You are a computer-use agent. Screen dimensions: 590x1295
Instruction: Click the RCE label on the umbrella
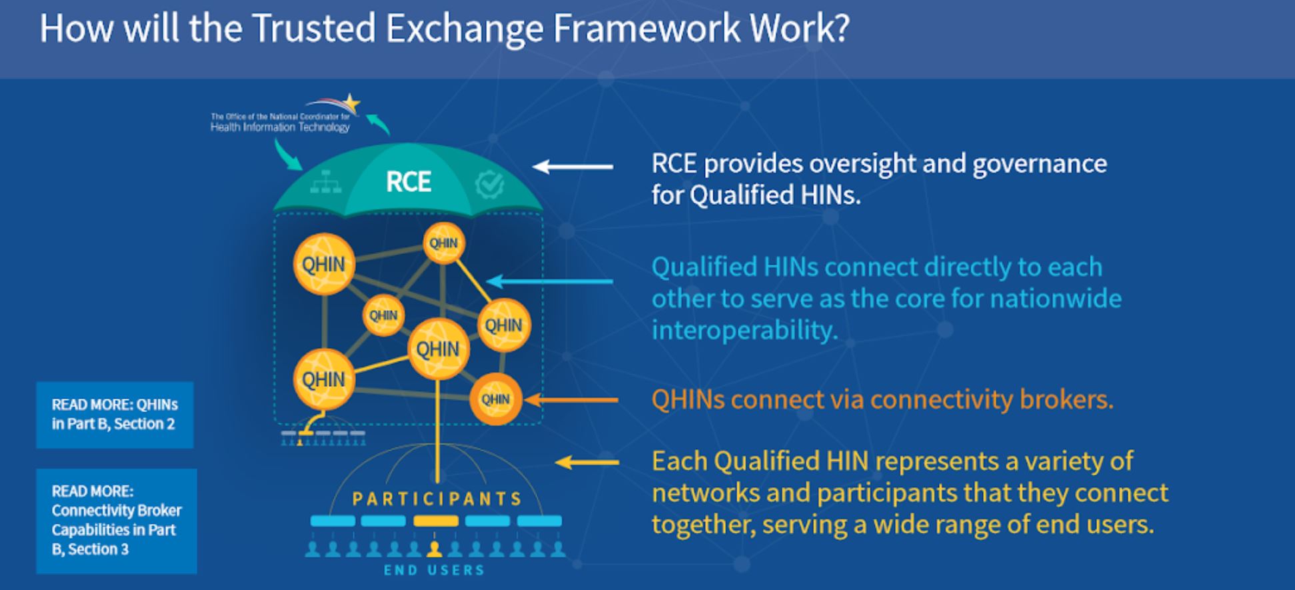[x=408, y=182]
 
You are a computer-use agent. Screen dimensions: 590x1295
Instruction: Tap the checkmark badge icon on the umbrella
[x=489, y=185]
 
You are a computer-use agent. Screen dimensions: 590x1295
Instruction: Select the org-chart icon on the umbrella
[x=326, y=182]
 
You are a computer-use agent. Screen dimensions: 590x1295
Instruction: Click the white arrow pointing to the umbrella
[x=573, y=166]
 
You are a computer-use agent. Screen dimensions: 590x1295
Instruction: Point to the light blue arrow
[x=550, y=281]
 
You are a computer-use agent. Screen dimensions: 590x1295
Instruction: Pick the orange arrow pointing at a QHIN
[x=571, y=400]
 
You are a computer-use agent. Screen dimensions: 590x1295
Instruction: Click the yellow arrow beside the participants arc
[x=587, y=462]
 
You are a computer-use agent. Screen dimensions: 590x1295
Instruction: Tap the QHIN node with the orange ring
[x=495, y=399]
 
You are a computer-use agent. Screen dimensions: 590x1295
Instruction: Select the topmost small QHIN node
[x=443, y=243]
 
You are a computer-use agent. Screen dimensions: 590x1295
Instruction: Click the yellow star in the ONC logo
[x=351, y=103]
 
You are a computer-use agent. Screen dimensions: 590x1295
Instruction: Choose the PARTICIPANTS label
[x=437, y=499]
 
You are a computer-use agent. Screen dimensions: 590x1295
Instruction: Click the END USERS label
[x=434, y=570]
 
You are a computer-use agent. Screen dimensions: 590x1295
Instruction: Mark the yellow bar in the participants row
[x=436, y=521]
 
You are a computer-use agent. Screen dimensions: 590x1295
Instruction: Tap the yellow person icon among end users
[x=435, y=549]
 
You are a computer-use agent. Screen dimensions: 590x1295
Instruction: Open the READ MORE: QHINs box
[x=115, y=415]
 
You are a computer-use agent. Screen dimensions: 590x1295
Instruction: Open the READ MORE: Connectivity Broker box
[x=117, y=521]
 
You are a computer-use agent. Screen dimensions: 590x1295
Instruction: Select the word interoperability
[x=744, y=330]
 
